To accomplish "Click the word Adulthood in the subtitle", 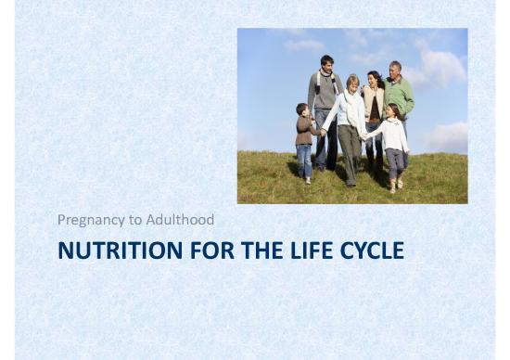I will click(x=182, y=220).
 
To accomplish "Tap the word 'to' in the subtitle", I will click(x=136, y=220).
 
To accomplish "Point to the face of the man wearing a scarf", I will click(x=326, y=64).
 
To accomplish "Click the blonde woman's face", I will click(x=352, y=84).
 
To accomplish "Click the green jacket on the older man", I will click(x=401, y=95).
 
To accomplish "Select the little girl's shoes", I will click(x=394, y=186).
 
